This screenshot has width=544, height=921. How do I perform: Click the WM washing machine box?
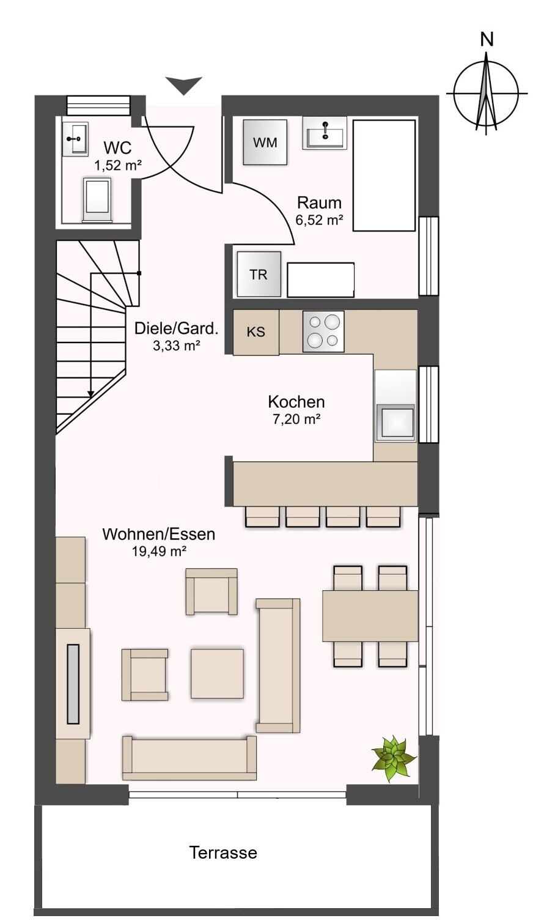(265, 142)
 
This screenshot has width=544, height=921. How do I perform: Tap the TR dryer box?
(259, 274)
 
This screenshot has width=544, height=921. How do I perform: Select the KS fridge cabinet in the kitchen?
(256, 332)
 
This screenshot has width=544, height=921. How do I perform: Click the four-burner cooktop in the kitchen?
(323, 331)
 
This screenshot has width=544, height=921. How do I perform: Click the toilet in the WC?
(97, 200)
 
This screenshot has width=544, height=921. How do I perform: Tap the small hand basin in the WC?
(76, 139)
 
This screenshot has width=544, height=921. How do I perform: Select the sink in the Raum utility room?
(325, 132)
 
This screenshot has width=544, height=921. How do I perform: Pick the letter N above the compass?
(487, 40)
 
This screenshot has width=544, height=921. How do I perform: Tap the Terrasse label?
(223, 853)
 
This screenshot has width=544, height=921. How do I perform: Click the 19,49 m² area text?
(160, 552)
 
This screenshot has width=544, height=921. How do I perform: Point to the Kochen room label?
(296, 401)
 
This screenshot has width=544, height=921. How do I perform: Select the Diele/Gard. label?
(177, 328)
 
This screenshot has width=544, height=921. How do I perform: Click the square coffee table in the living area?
(217, 673)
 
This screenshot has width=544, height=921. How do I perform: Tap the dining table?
(370, 616)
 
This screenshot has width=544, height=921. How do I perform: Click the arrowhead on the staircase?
(91, 394)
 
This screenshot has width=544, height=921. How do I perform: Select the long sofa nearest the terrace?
(189, 758)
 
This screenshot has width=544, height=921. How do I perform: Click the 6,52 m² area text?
(319, 220)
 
